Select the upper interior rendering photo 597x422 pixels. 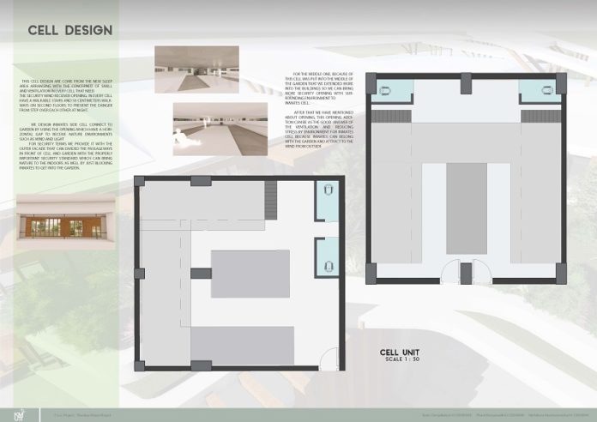[x=196, y=65]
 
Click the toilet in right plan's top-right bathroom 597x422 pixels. [x=547, y=88]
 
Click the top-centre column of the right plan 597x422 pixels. [x=466, y=84]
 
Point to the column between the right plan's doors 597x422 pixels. [x=466, y=273]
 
